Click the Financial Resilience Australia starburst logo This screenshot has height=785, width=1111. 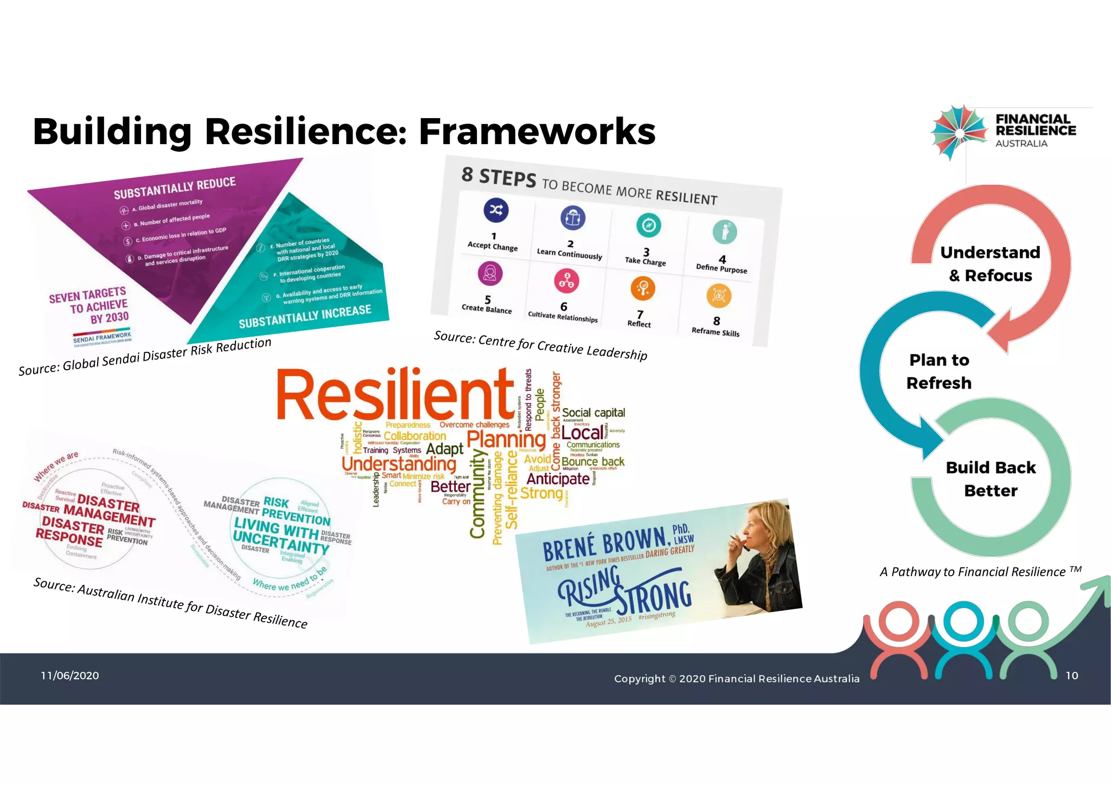click(959, 132)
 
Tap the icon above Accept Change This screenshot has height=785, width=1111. click(496, 210)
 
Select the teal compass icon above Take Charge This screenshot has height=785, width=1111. click(648, 225)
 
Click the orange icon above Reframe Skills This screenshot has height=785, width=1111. click(719, 295)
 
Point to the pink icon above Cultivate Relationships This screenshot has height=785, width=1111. click(566, 281)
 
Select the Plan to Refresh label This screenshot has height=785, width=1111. click(939, 371)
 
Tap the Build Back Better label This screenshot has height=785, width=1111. click(991, 479)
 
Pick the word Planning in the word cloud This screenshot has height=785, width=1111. click(506, 439)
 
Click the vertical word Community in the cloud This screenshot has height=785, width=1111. click(477, 493)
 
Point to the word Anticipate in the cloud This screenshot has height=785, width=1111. click(558, 479)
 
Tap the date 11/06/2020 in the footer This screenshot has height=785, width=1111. click(70, 675)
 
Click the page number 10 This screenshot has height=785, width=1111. click(1071, 675)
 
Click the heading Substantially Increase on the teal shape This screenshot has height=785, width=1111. click(305, 316)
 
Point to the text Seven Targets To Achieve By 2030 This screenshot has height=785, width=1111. click(90, 306)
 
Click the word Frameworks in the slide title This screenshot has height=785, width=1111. click(537, 131)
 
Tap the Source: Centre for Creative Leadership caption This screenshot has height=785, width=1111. click(540, 345)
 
